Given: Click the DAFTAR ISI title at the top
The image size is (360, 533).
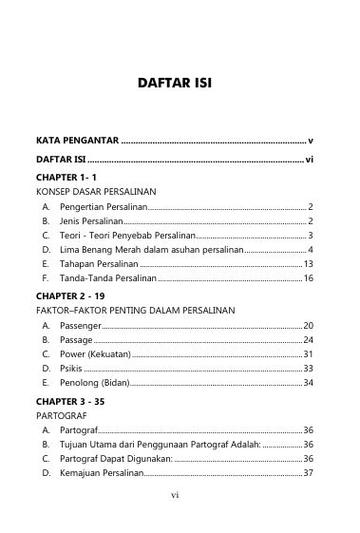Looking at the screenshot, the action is (180, 84).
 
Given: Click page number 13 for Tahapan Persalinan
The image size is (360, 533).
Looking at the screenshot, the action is (308, 263).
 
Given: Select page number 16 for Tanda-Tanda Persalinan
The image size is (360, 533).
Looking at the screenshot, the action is (308, 277).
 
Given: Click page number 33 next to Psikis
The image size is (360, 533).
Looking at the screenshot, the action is (308, 368).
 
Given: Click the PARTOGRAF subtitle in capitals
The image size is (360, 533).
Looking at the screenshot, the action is (60, 415).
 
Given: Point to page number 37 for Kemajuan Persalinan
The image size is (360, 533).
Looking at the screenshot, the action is (308, 473).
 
